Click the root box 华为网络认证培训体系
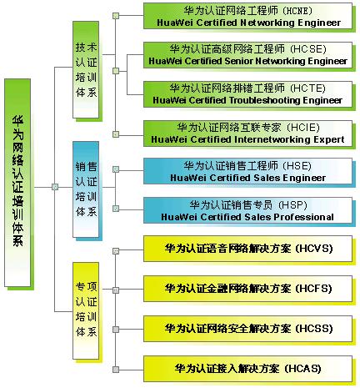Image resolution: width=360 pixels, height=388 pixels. [x=17, y=183]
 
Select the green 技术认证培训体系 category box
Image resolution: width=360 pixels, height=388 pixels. [x=86, y=70]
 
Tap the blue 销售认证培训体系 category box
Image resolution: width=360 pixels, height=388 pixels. [x=86, y=189]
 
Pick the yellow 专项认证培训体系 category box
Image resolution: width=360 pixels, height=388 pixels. [x=86, y=310]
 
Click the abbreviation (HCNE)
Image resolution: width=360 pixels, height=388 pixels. [x=298, y=11]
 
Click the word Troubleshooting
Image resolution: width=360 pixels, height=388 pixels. [x=265, y=100]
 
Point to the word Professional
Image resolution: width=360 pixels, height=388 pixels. [x=304, y=217]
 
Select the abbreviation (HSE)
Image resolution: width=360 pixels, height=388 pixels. [x=297, y=166]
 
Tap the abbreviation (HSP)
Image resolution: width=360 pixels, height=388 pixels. [x=292, y=205]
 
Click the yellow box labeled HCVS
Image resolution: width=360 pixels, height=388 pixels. [x=247, y=249]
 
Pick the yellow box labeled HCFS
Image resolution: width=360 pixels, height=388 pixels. [x=247, y=289]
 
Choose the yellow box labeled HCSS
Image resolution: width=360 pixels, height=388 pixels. [x=247, y=329]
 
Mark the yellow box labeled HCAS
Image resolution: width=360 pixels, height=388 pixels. [x=247, y=369]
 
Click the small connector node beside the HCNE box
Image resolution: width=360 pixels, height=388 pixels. [x=116, y=16]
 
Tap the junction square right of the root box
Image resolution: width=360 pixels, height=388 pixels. [x=55, y=187]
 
